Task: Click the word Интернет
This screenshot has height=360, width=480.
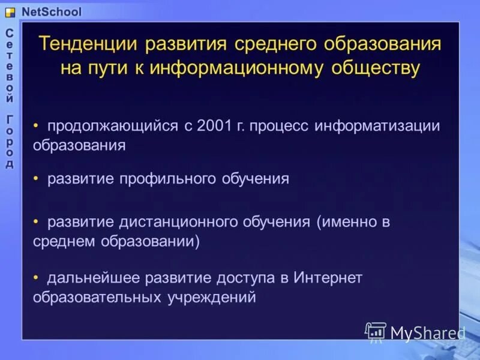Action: pos(329,277)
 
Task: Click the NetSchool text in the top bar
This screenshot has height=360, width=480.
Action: pos(51,11)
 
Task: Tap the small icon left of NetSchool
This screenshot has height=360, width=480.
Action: pos(10,12)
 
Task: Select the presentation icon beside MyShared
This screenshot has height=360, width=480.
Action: pos(376,332)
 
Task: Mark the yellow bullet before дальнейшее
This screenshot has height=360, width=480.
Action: pos(37,277)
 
